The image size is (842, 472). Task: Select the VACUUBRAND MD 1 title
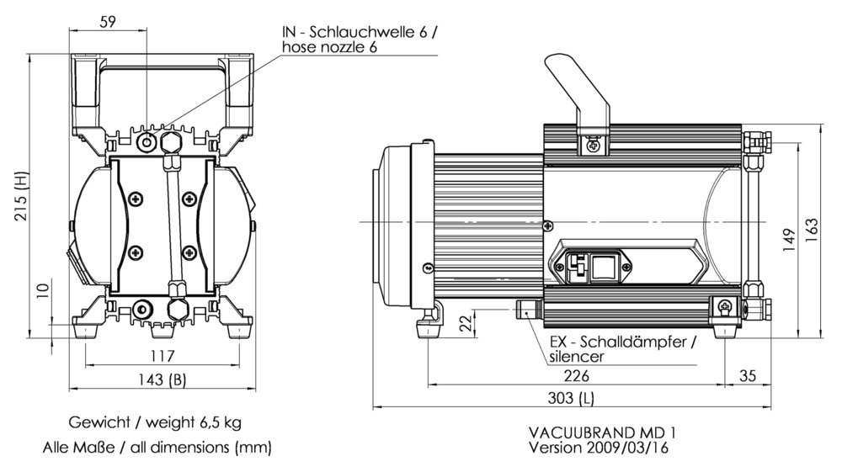[x=601, y=432]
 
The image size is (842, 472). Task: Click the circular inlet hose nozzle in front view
[x=149, y=142]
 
